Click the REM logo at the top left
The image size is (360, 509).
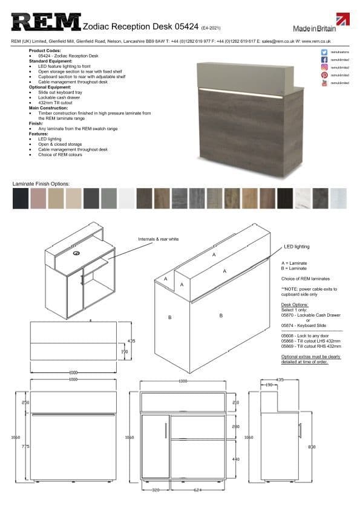[x=46, y=22]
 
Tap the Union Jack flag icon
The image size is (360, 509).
[x=344, y=22]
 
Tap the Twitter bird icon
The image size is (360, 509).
[x=325, y=53]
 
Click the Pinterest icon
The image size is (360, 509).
[x=325, y=75]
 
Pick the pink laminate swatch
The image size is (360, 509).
[x=38, y=198]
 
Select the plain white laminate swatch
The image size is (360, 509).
[x=126, y=198]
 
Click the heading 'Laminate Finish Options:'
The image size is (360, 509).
[x=41, y=183]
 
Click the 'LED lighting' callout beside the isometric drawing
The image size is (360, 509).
[x=296, y=247]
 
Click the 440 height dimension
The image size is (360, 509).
[x=235, y=459]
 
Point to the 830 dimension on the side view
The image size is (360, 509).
[x=312, y=447]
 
